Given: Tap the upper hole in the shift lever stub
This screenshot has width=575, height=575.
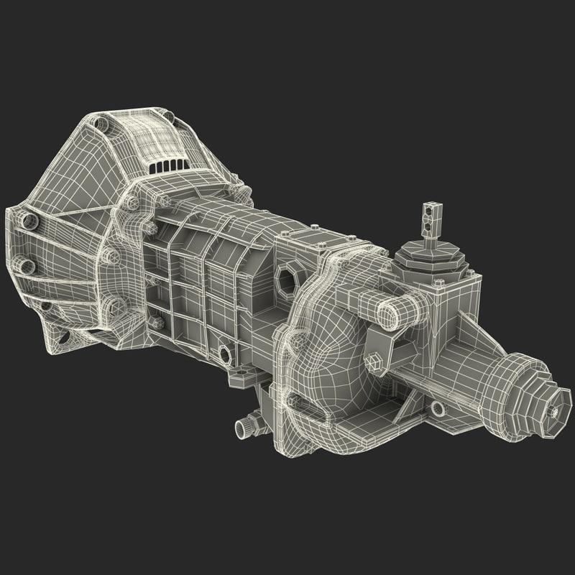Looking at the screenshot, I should tap(430, 211).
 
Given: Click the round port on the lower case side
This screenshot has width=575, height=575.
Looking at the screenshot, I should tap(225, 353).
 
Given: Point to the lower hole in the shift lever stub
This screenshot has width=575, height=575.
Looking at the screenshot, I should tap(430, 229).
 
